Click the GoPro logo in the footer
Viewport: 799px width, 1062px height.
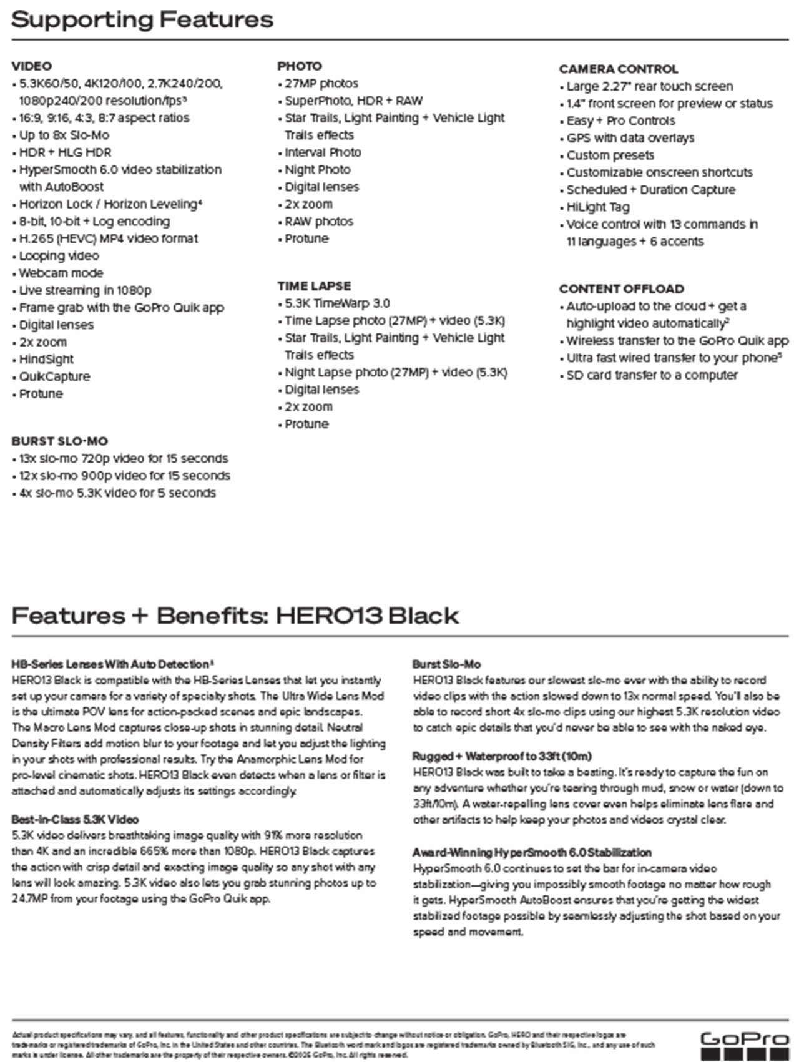click(744, 1044)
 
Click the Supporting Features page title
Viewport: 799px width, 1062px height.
click(142, 19)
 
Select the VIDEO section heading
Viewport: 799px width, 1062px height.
click(32, 66)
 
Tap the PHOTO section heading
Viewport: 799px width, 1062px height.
click(300, 66)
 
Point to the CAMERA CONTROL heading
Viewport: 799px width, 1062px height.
click(618, 69)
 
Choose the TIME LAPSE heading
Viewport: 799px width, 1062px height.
click(314, 286)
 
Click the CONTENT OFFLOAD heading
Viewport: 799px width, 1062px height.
click(621, 289)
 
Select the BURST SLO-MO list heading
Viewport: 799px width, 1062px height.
click(59, 441)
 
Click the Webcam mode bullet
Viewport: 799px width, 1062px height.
click(61, 273)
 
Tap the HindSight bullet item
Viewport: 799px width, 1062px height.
click(46, 359)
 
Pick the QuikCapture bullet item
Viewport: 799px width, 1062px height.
click(54, 376)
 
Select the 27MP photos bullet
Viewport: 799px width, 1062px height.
click(321, 84)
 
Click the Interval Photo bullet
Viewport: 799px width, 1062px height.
click(323, 152)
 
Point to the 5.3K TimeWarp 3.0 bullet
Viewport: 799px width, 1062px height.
click(337, 303)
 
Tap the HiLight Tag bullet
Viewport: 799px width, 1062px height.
click(598, 207)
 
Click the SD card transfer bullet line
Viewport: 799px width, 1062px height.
click(652, 375)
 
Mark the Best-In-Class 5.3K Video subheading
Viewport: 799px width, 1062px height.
click(75, 820)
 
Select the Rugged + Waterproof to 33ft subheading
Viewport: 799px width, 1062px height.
click(502, 757)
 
